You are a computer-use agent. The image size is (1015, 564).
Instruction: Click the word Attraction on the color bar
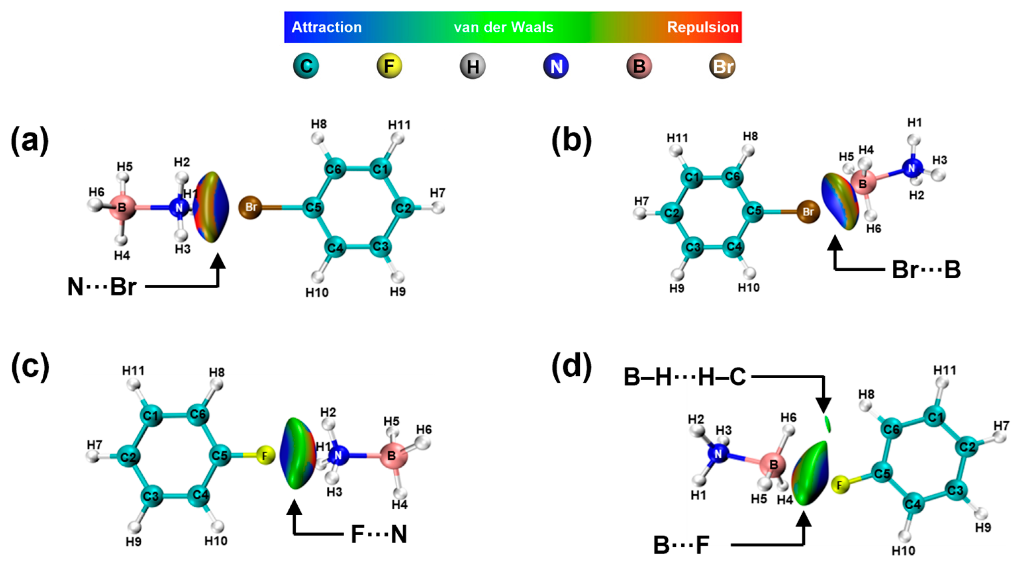(x=326, y=27)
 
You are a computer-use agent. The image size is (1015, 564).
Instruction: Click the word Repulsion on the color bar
(x=702, y=27)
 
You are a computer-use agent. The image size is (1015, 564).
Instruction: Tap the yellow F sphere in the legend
(x=389, y=66)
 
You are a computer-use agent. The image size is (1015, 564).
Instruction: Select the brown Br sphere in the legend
(x=722, y=66)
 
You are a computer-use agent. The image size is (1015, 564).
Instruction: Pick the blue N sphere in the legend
(x=556, y=66)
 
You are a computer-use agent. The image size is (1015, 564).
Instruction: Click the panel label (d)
(x=571, y=366)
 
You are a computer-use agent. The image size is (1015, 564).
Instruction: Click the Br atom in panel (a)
(x=251, y=207)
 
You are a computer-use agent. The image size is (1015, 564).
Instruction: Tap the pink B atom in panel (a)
(x=122, y=207)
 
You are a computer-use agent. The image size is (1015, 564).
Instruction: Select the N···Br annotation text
(x=102, y=286)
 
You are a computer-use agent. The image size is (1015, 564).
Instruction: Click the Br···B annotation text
(x=926, y=270)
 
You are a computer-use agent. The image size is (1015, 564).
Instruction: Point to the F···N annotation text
(x=379, y=535)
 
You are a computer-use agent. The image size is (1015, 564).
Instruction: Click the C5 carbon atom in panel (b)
(x=754, y=211)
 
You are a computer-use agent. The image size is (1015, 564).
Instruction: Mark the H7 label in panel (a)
(x=437, y=193)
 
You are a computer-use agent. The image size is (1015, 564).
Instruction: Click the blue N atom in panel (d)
(x=718, y=454)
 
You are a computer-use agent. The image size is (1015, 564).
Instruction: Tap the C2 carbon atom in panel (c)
(x=128, y=457)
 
